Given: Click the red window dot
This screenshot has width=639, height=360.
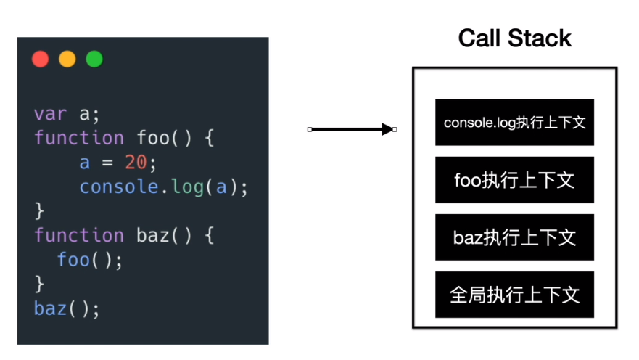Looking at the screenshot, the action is point(41,59).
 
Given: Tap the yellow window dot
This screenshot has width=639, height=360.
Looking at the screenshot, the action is point(67,59).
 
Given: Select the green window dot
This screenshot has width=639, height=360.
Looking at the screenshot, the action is point(94,59).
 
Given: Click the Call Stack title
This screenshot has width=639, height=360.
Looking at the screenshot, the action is point(514,38).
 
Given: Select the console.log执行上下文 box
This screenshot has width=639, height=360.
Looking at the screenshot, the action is point(514,122).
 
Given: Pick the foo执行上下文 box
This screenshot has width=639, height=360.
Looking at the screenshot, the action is point(514,179).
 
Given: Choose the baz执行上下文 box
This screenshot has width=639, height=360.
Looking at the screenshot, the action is point(514,237).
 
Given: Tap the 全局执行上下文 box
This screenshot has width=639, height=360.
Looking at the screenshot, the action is point(514,295).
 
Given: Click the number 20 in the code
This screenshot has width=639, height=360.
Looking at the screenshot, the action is point(136,163).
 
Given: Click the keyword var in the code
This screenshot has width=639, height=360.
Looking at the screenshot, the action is point(50,114).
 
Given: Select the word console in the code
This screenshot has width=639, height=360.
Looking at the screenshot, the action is point(119,187).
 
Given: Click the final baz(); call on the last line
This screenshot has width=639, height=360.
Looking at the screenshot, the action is point(66,308).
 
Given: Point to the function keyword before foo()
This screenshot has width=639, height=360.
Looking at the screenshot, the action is point(78,138).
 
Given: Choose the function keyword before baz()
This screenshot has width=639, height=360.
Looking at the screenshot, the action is point(78,235).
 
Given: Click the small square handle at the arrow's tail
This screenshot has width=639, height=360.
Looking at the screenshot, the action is point(310,130).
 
